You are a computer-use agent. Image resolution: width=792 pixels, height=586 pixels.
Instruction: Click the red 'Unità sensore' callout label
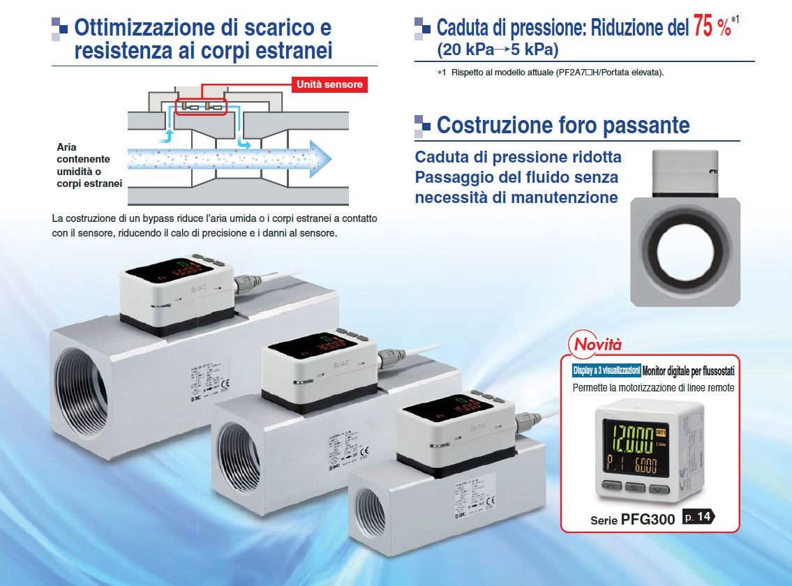330,84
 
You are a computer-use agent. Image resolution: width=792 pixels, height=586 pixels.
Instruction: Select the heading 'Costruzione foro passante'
562,126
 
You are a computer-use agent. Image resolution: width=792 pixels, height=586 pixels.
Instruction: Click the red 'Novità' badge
597,344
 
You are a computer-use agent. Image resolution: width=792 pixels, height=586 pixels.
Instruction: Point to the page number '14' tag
698,517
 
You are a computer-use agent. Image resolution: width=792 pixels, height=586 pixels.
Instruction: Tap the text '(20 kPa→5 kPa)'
498,50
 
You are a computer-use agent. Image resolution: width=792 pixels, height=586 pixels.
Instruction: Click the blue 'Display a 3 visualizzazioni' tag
605,371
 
